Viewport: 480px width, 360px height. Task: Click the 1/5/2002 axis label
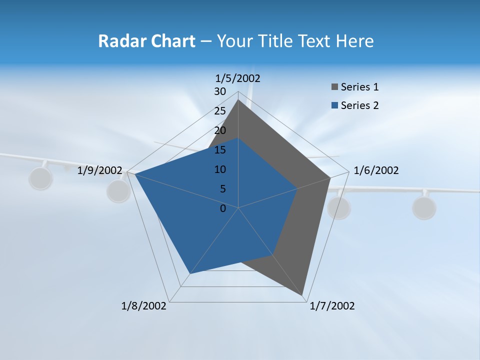(x=238, y=78)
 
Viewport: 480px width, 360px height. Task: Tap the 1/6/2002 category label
(x=376, y=170)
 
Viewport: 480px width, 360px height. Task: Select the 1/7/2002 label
(x=332, y=306)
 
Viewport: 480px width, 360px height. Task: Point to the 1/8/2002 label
(x=144, y=306)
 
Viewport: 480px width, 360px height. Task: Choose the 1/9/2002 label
(x=100, y=170)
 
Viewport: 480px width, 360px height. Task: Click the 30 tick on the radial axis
(x=220, y=91)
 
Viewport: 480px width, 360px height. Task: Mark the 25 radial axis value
(x=220, y=111)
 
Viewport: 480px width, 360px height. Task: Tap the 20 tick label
(x=220, y=130)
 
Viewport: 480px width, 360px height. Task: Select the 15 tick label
(x=220, y=150)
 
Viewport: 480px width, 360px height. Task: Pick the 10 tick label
(x=220, y=169)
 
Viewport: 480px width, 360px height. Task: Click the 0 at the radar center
(x=223, y=208)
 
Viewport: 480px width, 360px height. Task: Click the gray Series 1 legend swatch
(x=334, y=87)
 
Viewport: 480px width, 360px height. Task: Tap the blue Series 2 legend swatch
(x=334, y=105)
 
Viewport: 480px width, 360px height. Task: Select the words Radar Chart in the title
(x=146, y=41)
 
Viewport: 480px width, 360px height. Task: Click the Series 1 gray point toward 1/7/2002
(x=302, y=295)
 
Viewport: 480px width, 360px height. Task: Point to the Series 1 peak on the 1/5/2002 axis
(x=238, y=100)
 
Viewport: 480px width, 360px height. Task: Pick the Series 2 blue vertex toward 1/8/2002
(x=189, y=273)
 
